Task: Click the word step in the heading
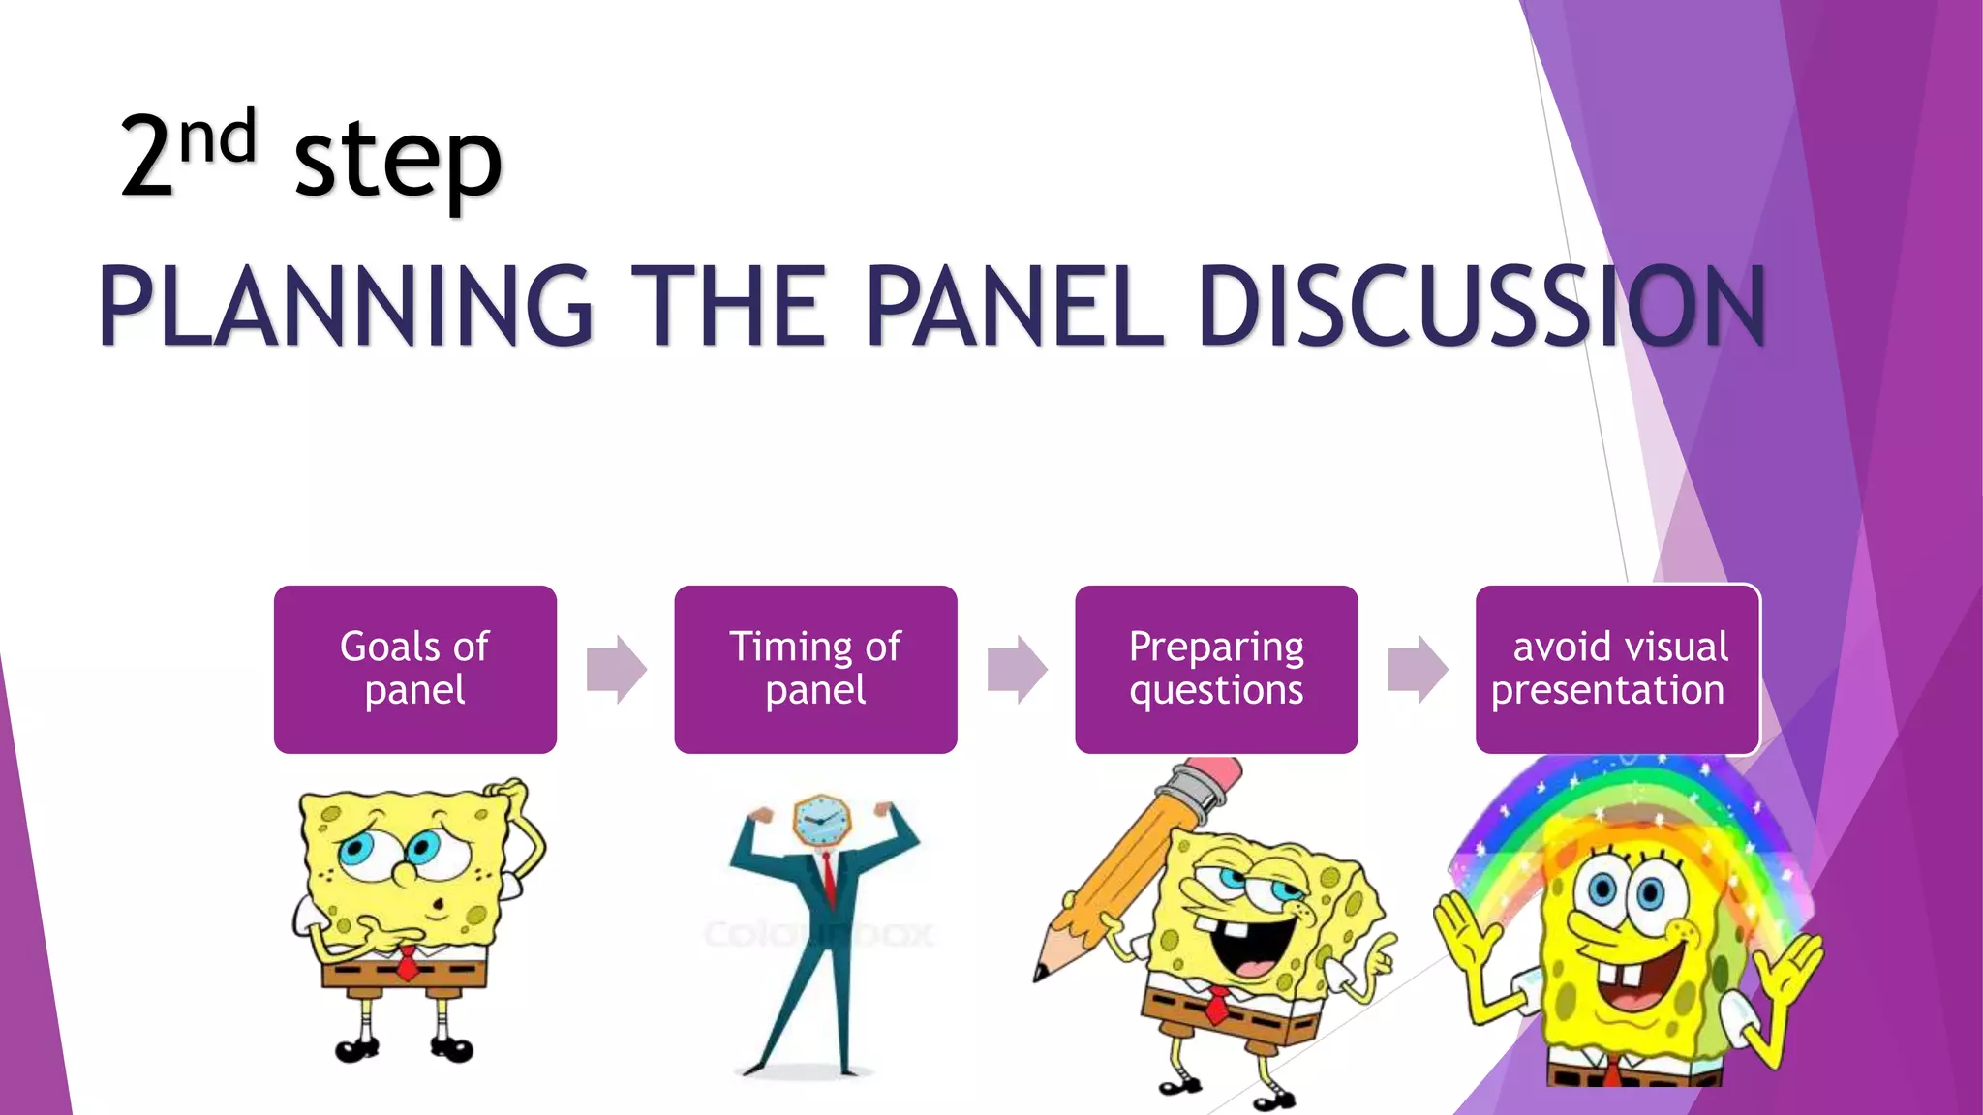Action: tap(398, 160)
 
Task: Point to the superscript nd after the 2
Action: tap(218, 138)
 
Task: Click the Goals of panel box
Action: tap(414, 669)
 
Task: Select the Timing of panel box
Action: tap(815, 669)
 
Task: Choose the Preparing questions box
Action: tap(1216, 669)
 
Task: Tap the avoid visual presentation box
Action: tap(1617, 669)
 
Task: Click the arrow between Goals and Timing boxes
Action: tap(617, 669)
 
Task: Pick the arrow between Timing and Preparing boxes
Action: tap(1017, 669)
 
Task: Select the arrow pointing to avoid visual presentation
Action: tap(1418, 669)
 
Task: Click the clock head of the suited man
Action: tap(822, 822)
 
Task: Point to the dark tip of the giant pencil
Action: tap(1041, 972)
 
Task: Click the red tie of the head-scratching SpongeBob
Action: tap(408, 964)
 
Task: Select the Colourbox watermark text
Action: tap(818, 935)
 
